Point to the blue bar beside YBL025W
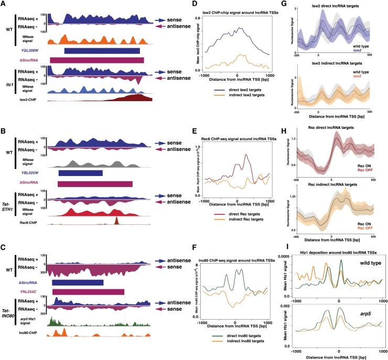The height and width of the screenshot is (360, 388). (x=80, y=173)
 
